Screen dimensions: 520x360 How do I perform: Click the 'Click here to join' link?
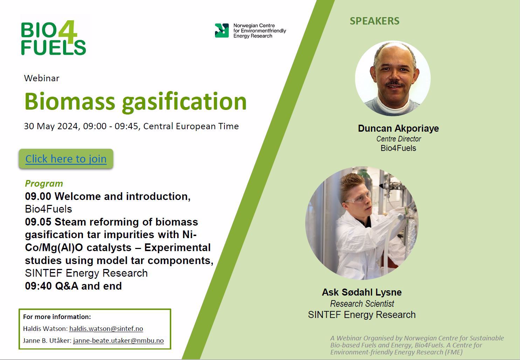click(66, 159)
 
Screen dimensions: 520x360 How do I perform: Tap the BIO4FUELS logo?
click(53, 37)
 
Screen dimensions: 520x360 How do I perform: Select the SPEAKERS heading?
click(374, 21)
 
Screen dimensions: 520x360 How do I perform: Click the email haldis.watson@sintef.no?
click(106, 329)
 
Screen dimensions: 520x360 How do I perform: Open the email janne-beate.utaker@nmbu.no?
click(118, 340)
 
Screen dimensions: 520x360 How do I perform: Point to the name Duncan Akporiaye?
click(398, 129)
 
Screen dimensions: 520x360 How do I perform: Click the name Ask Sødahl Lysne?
click(362, 292)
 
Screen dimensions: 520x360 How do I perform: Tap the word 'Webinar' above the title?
click(42, 78)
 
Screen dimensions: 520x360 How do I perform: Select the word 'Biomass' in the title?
click(70, 102)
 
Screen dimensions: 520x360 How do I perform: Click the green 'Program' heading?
click(44, 184)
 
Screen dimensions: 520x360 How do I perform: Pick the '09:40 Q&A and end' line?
click(73, 286)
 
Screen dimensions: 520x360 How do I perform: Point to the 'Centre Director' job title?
click(398, 139)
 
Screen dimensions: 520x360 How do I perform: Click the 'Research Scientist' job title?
click(362, 304)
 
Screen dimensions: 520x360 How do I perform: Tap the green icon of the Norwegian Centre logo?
click(222, 30)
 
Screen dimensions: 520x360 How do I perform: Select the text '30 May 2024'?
click(52, 126)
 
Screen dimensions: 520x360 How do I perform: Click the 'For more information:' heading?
click(57, 317)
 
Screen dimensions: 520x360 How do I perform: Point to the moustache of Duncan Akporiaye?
click(394, 83)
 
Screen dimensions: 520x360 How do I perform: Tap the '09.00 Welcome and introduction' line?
click(108, 196)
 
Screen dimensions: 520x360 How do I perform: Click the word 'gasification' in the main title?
click(184, 102)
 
